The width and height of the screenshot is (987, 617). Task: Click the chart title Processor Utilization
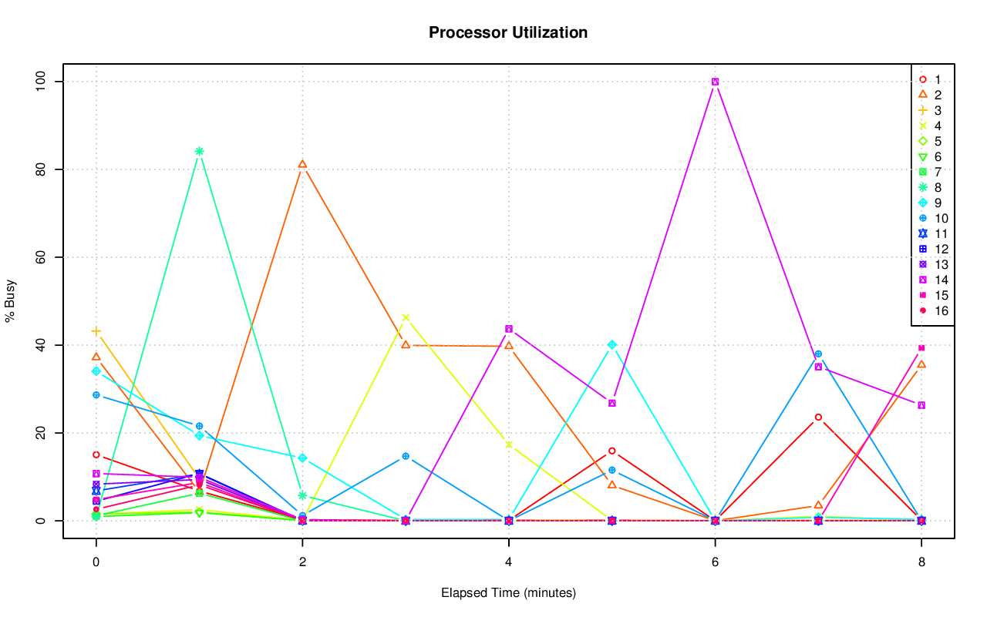(508, 32)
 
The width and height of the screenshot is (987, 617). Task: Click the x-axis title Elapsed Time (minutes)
(508, 593)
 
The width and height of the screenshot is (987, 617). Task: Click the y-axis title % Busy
(11, 301)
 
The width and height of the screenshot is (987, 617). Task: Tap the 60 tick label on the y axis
(42, 257)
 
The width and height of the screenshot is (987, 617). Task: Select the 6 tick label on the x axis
(715, 562)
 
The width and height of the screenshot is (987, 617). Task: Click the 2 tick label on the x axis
(302, 562)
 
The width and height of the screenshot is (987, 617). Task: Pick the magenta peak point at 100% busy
(715, 82)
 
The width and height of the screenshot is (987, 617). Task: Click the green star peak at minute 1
(199, 151)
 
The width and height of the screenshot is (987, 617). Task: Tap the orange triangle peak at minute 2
(302, 164)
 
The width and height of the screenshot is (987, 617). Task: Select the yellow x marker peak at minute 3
(406, 317)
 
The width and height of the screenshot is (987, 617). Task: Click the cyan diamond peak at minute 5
(612, 345)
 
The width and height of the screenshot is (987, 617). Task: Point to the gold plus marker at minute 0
(96, 331)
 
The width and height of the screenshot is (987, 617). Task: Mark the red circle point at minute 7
(818, 417)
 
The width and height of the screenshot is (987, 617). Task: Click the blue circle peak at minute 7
(818, 354)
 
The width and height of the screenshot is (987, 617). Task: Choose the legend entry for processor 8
(929, 187)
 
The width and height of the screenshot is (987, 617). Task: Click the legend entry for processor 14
(929, 280)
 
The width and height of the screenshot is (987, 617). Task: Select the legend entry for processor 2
(929, 95)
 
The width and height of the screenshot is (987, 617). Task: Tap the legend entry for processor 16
(929, 310)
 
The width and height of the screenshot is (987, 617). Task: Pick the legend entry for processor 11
(929, 233)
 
